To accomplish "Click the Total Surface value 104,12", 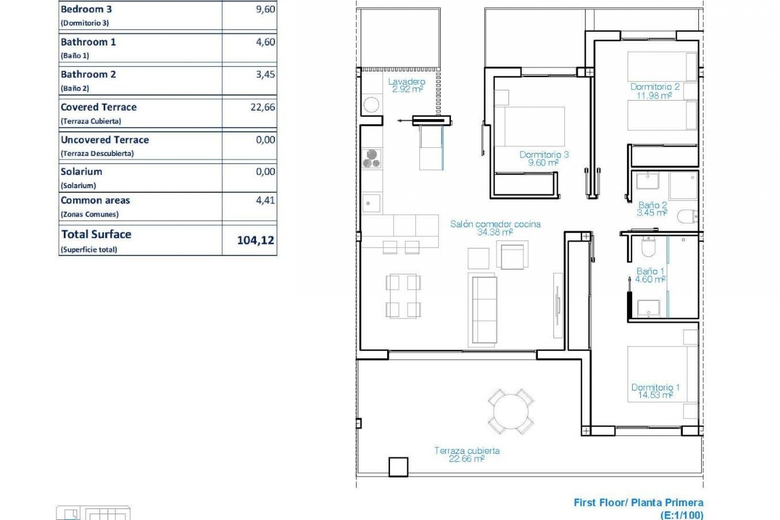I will coord(256,240).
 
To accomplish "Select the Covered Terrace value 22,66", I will coord(262,107).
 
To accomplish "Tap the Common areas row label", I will coord(95,201).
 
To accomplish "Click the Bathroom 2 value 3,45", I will coord(265,75).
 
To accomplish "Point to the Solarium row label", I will coord(81,172).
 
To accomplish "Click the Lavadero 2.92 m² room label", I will coord(407,85).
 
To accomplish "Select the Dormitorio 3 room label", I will coord(544,158).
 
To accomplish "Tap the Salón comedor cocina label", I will coord(495,228).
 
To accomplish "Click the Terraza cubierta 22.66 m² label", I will coord(467,455).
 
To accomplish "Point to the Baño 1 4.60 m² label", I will coord(650,275).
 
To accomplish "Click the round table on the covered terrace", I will coord(511,411).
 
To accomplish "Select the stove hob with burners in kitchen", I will coord(371,158).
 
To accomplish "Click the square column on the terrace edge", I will coord(398,467).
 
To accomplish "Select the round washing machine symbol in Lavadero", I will coord(371,105).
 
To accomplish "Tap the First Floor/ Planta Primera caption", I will coord(638,503).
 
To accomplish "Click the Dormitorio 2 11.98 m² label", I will coord(654,91).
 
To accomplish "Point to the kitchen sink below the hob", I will coord(371,203).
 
